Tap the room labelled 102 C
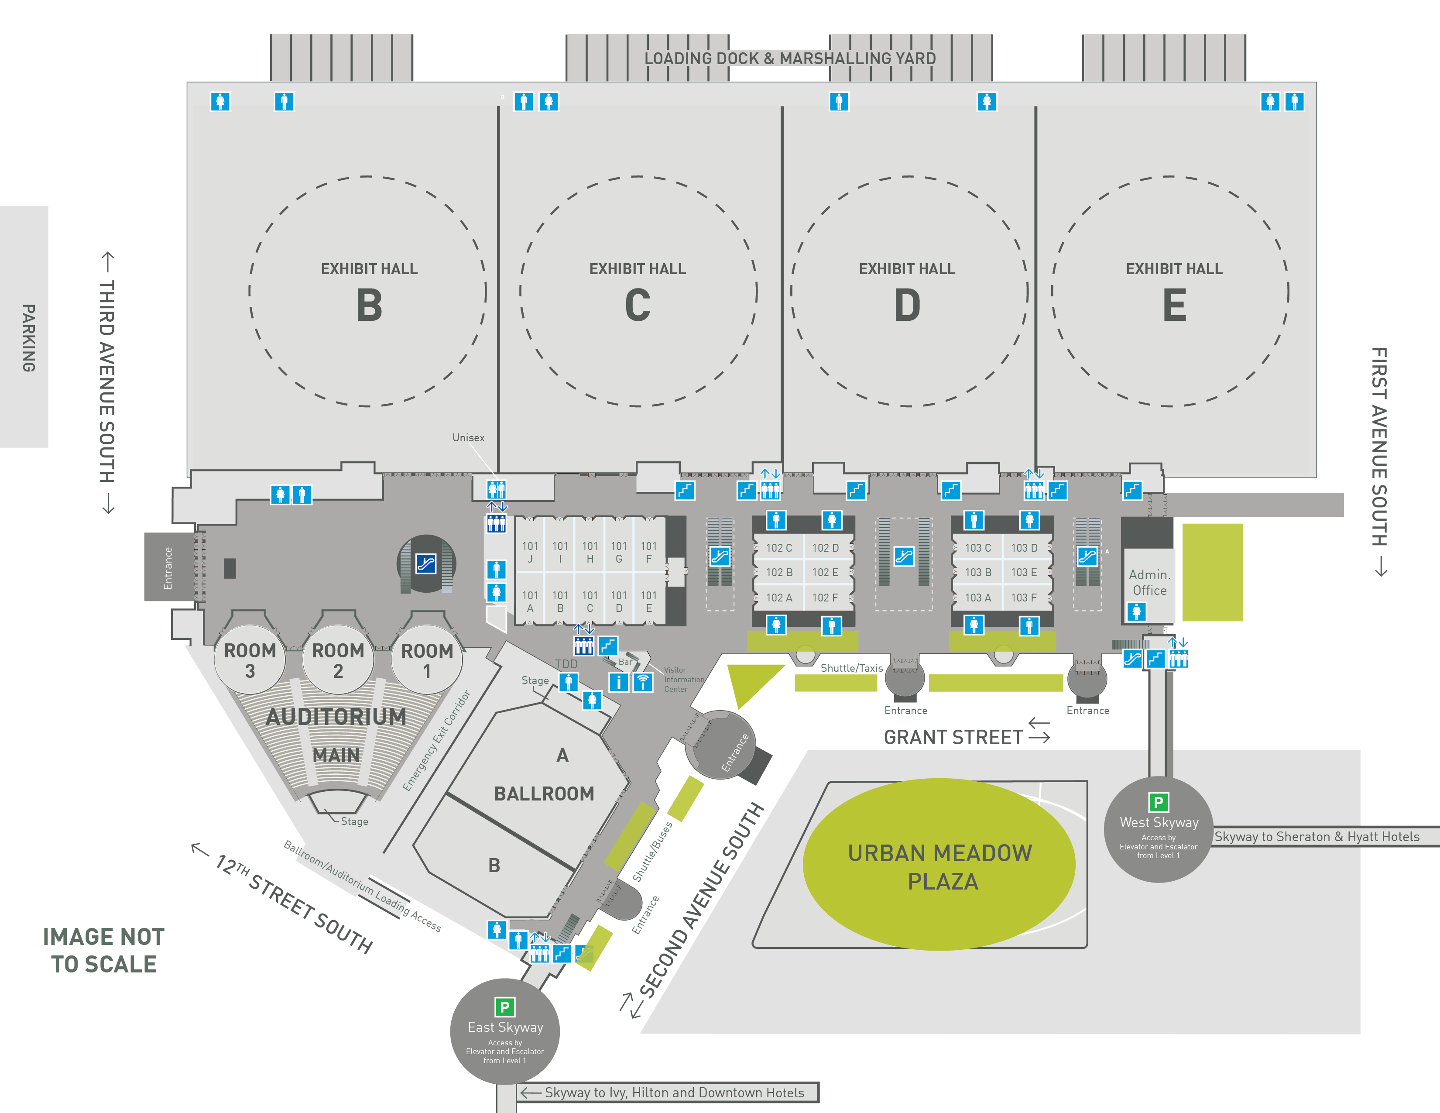click(x=778, y=548)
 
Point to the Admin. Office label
click(x=1149, y=582)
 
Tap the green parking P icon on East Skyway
click(x=504, y=1007)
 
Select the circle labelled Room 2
click(x=338, y=660)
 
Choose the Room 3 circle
click(x=250, y=660)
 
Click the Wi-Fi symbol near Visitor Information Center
click(x=643, y=682)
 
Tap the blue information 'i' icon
click(x=618, y=682)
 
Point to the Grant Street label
click(x=953, y=737)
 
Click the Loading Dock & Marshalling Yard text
click(x=790, y=58)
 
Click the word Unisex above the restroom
click(x=468, y=438)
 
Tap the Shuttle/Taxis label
click(x=851, y=668)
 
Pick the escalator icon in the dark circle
click(x=426, y=564)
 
